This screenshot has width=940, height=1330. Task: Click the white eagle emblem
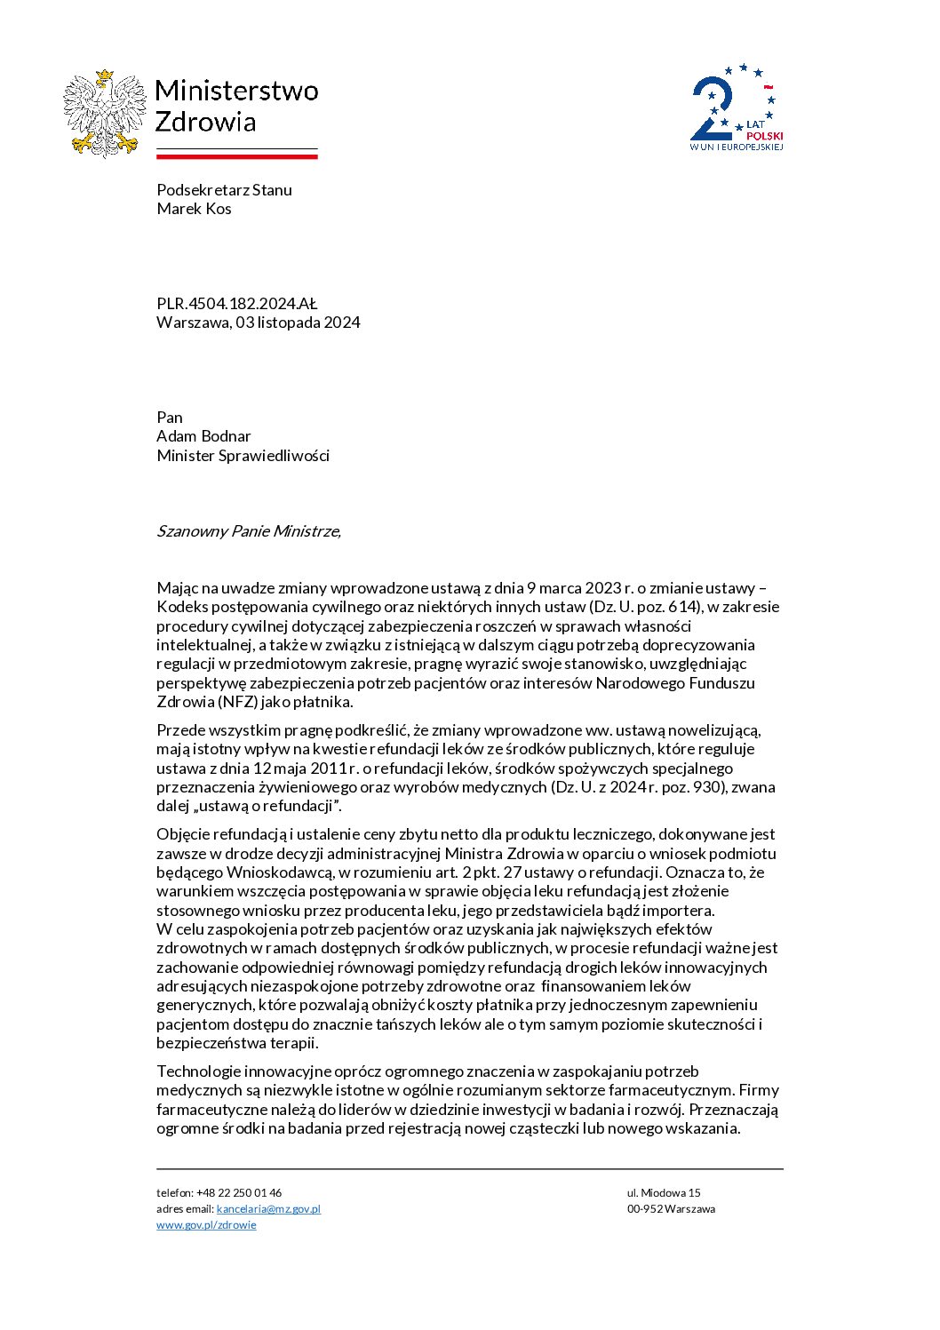[x=105, y=114]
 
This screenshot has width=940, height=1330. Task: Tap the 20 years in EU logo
[x=737, y=108]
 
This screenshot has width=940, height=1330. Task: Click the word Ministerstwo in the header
[x=236, y=91]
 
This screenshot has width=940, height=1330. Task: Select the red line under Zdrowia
[x=237, y=156]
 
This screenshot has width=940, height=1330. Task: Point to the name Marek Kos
[x=194, y=209]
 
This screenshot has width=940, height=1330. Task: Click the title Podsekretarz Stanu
[x=224, y=189]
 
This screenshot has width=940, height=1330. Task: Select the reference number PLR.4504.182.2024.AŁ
[x=236, y=303]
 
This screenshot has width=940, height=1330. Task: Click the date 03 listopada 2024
[x=298, y=323]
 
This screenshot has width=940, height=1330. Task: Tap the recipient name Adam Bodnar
[x=203, y=436]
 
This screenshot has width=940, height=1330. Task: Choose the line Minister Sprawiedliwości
[x=243, y=456]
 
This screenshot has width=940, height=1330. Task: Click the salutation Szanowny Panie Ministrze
[x=248, y=531]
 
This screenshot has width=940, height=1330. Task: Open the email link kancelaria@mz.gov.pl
[x=268, y=1209]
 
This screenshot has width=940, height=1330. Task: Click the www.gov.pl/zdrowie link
[x=206, y=1225]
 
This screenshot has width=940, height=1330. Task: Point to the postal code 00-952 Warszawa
[x=671, y=1209]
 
